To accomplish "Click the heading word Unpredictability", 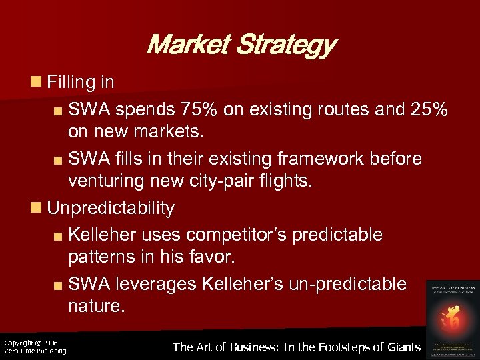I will tap(111, 208).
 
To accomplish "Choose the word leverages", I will tap(147, 284).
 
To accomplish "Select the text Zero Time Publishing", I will tap(35, 351).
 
